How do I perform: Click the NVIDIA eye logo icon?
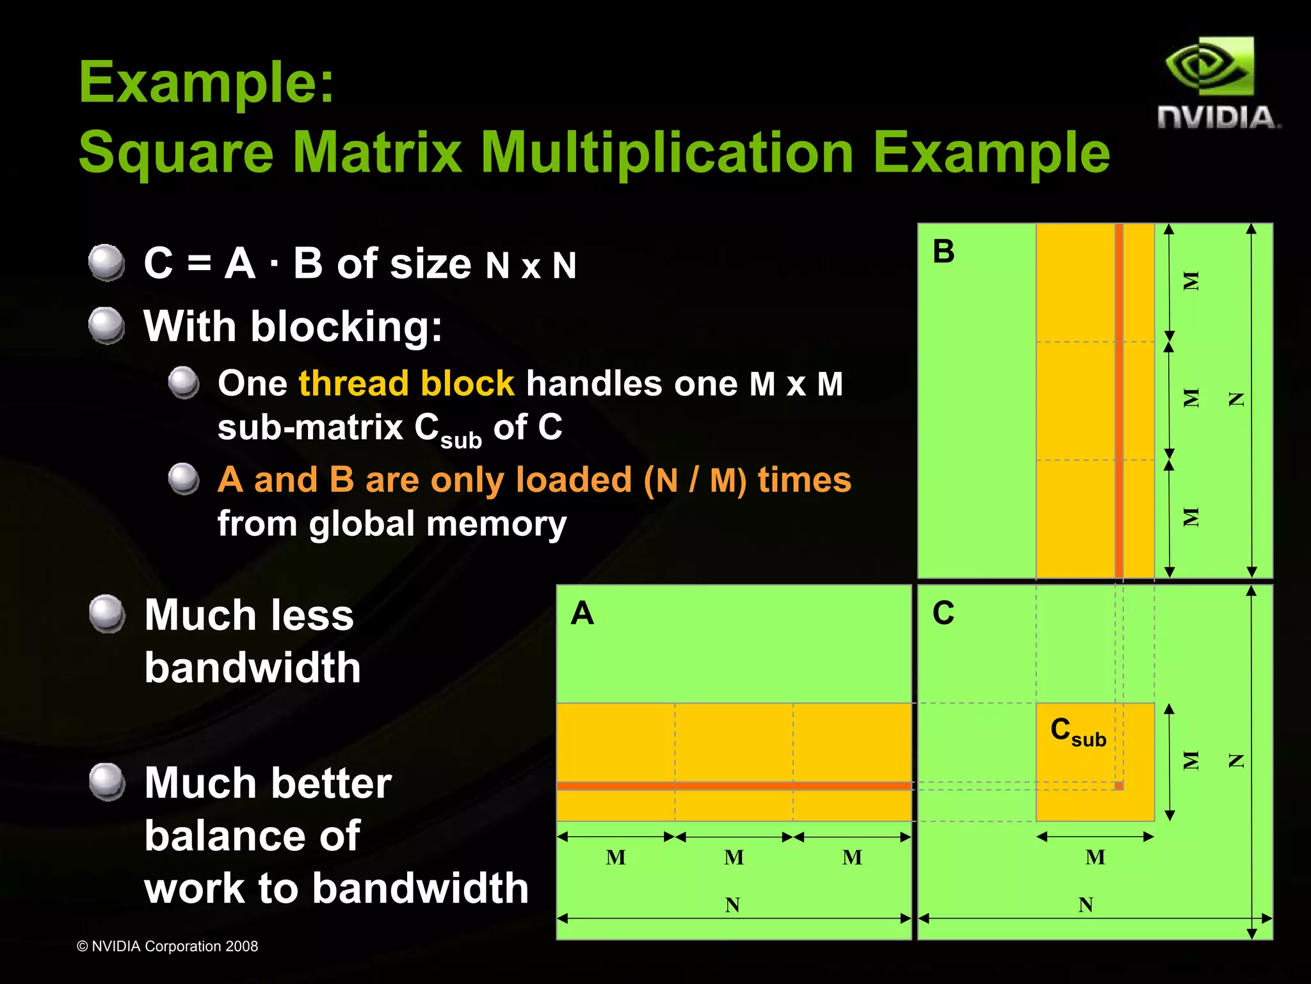[x=1209, y=68]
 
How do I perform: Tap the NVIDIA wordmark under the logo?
[x=1218, y=118]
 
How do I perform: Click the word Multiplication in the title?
[x=667, y=153]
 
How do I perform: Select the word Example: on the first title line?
[x=207, y=82]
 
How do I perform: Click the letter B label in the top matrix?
[x=944, y=251]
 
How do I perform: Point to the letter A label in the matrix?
[x=582, y=613]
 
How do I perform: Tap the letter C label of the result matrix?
[x=944, y=613]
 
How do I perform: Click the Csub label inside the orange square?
[x=1078, y=732]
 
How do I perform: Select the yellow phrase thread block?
[x=406, y=383]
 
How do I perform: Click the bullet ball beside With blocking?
[x=106, y=325]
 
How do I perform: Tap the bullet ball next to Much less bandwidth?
[x=106, y=613]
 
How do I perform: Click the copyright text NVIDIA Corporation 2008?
[x=168, y=946]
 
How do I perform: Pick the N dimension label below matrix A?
[x=733, y=905]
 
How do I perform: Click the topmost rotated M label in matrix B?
[x=1190, y=281]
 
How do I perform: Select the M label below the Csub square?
[x=1095, y=857]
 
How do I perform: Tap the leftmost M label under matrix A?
[x=616, y=857]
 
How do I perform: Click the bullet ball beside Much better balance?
[x=106, y=782]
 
